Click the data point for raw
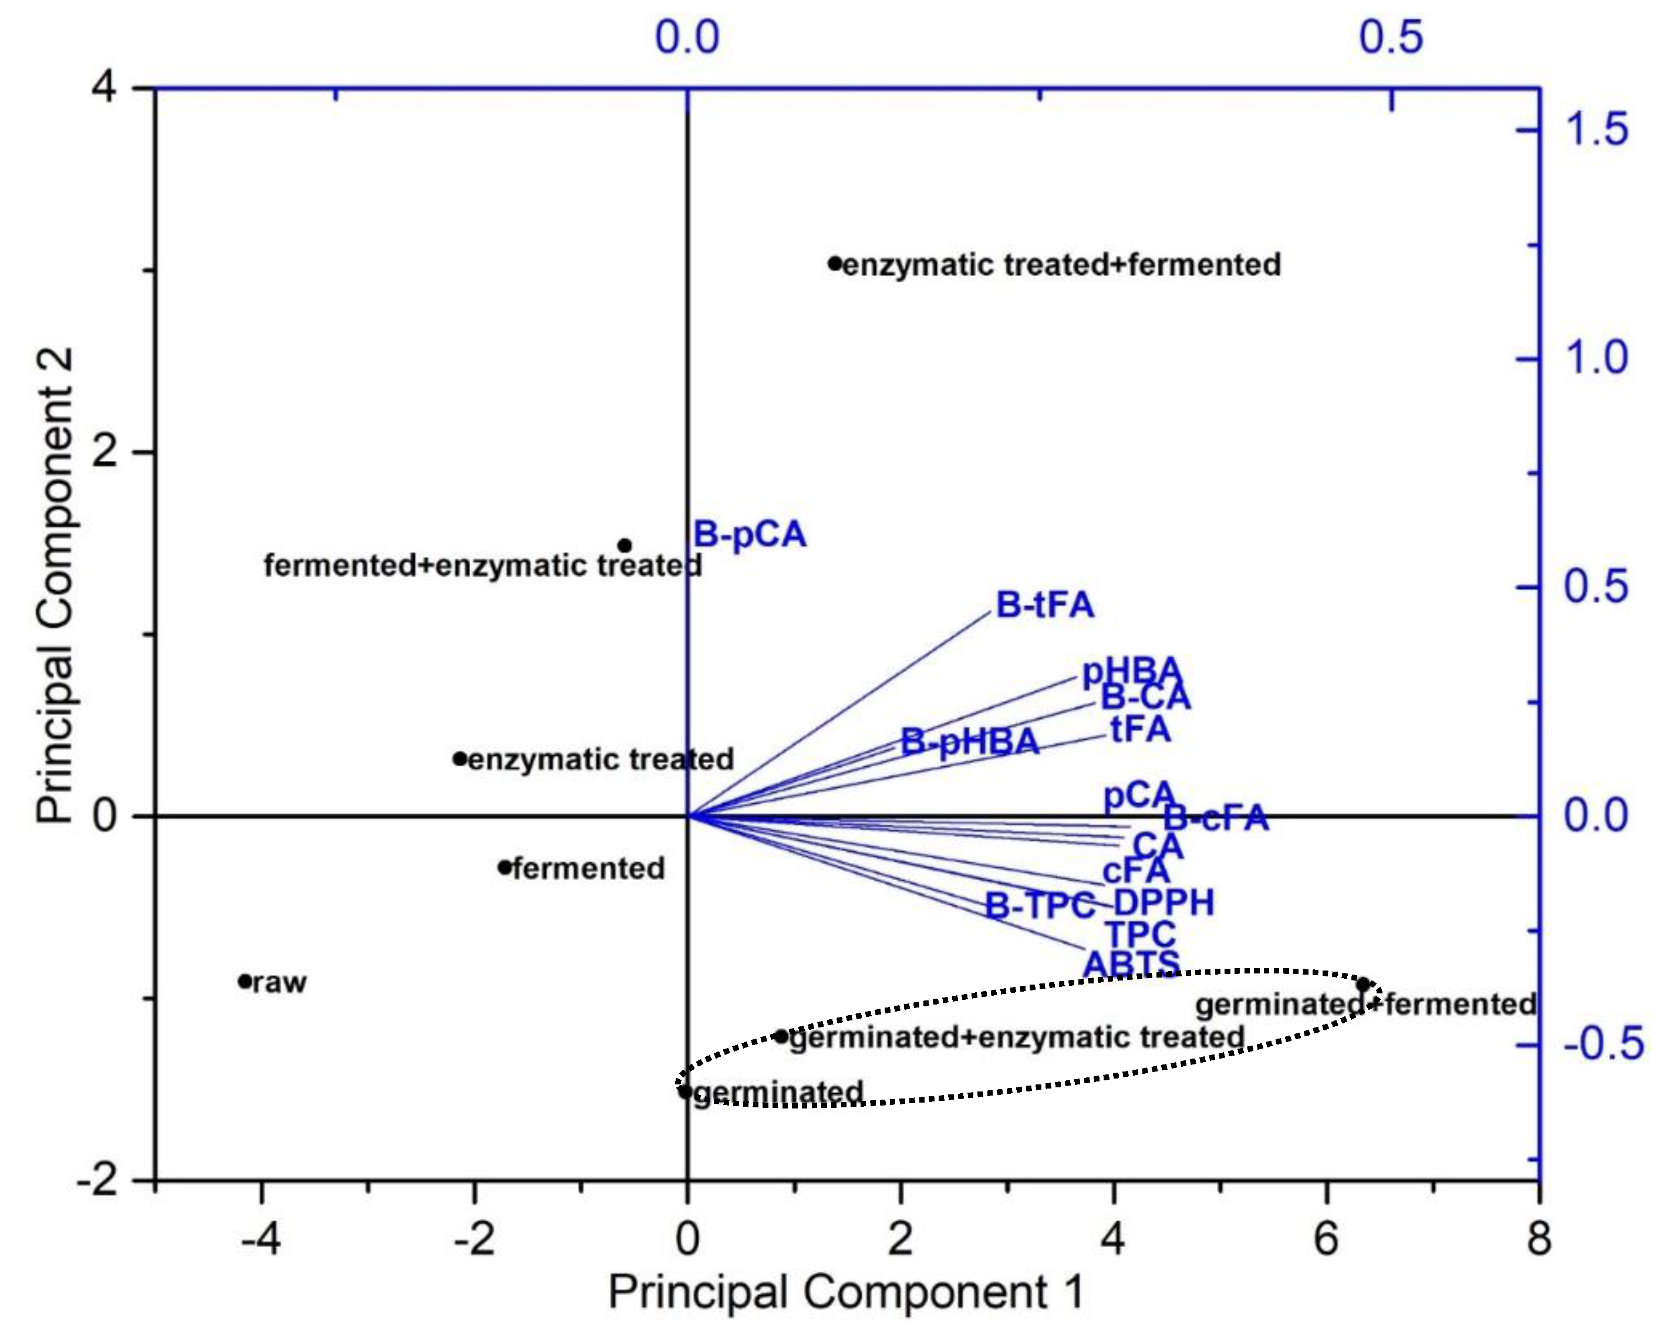point(245,981)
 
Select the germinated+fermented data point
point(1363,984)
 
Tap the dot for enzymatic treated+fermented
point(835,264)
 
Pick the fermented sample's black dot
point(505,867)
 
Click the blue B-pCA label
point(750,534)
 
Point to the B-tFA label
point(1045,604)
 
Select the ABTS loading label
point(1131,965)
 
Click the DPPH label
point(1163,902)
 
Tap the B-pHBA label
point(970,742)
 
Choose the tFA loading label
point(1141,729)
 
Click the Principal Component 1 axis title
point(845,1292)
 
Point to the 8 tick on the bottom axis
point(1539,1238)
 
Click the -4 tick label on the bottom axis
point(261,1238)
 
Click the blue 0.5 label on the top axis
point(1391,36)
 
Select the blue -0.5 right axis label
point(1603,1043)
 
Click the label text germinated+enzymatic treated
point(1017,1036)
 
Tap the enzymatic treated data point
point(460,758)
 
